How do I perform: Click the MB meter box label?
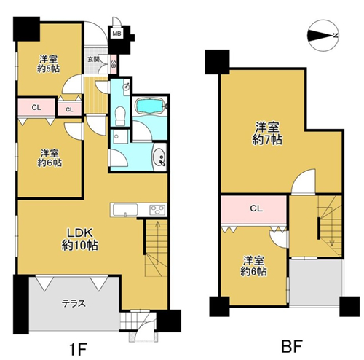(x=116, y=34)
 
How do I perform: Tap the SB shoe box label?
(x=114, y=64)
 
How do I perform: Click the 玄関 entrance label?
(x=93, y=59)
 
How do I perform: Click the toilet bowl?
(x=120, y=116)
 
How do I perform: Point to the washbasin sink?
(x=159, y=157)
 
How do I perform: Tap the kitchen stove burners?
(x=157, y=210)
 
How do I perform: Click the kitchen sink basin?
(x=125, y=210)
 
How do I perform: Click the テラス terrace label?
(x=74, y=303)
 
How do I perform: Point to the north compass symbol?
(x=323, y=36)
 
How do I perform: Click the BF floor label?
(x=292, y=346)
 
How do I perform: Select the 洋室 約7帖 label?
(x=267, y=133)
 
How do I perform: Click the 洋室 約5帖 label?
(x=49, y=63)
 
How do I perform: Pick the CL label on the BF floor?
(x=256, y=208)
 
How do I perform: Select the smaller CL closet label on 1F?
(x=69, y=109)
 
